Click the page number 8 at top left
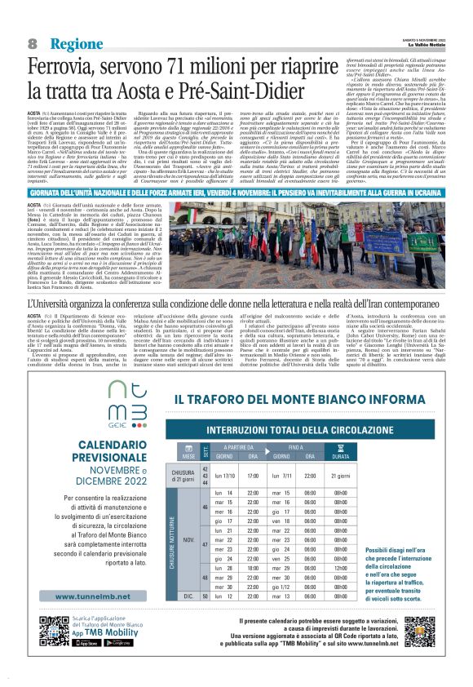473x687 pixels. [x=33, y=42]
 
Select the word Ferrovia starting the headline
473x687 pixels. [x=66, y=66]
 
